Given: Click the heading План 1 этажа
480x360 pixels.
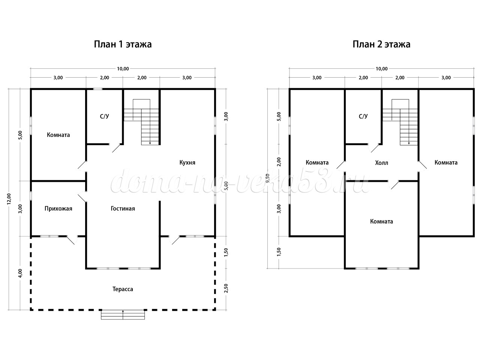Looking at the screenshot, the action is (123, 44).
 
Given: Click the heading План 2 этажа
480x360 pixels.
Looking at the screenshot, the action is (381, 44).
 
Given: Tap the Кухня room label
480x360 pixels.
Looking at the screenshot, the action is (187, 162).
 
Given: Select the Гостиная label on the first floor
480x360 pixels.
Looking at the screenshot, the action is (123, 208).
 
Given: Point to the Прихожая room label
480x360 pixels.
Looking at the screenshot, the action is (58, 208).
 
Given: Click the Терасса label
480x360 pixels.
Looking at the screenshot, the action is (123, 289).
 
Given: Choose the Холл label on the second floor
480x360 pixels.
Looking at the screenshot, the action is (382, 163).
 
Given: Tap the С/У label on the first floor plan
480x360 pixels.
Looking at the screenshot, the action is (104, 117).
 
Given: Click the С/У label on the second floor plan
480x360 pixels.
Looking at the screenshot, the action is (363, 117).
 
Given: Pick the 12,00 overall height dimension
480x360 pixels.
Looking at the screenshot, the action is (9, 199).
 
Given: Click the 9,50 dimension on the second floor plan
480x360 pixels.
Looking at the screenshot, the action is (268, 178).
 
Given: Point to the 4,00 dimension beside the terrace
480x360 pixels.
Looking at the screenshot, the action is (20, 273).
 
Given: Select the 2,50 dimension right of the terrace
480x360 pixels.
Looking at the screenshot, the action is (226, 288).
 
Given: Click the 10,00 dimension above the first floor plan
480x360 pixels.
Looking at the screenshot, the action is (123, 69).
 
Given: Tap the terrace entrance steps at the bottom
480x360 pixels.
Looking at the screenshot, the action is (123, 315).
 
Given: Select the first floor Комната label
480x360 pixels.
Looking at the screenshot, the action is (58, 135).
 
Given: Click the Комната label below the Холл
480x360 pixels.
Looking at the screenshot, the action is (381, 221).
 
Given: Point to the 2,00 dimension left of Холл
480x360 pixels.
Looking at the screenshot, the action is (279, 162).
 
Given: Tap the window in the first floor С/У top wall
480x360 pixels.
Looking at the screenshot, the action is (98, 89).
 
